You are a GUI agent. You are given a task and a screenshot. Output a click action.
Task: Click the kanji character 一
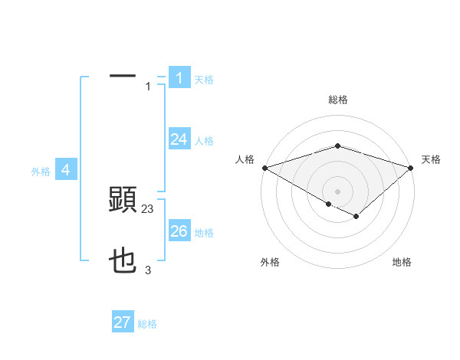point(123,77)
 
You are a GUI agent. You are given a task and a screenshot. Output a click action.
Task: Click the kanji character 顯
point(123,200)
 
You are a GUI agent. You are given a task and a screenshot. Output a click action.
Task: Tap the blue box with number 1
point(179,77)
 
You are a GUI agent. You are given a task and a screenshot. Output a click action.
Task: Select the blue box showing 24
point(179,139)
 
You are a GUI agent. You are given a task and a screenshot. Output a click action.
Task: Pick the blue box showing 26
point(179,231)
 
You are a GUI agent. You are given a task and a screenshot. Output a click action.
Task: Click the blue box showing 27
point(123,322)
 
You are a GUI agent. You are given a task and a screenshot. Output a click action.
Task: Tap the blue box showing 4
point(66,170)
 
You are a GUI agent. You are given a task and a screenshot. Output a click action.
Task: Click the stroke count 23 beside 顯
point(148,208)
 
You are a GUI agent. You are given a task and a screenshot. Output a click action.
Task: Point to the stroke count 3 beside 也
point(148,270)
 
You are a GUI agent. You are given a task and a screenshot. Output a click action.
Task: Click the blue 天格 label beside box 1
point(204,79)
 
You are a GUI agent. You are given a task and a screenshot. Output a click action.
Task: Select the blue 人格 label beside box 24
point(204,141)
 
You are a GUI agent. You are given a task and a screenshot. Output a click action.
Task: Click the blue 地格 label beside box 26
point(204,233)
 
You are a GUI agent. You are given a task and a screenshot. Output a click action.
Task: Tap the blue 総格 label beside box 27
point(147,325)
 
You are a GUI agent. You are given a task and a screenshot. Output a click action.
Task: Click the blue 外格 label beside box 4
point(41,172)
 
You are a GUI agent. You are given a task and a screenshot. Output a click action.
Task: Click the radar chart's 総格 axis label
point(337,100)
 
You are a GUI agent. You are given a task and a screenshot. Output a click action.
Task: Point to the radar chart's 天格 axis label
point(431,159)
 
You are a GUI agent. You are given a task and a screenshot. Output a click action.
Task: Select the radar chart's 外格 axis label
point(270,263)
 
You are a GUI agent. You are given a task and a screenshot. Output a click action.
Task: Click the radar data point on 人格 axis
point(264,167)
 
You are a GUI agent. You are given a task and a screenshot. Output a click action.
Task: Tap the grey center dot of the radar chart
point(337,191)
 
